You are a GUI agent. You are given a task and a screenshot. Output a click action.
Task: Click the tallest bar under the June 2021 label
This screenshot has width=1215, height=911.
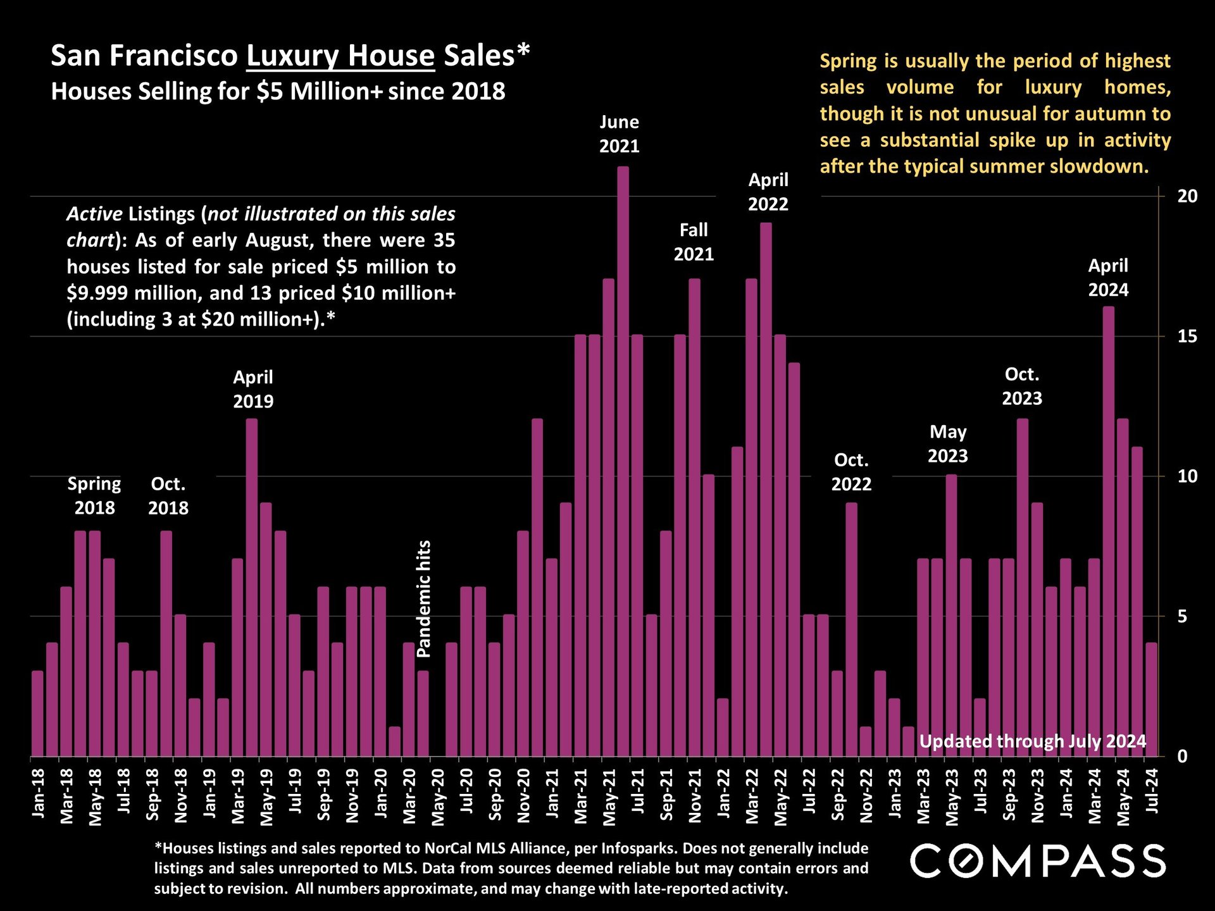pos(623,462)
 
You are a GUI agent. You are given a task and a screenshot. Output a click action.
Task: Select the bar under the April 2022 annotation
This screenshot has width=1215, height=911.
pos(766,490)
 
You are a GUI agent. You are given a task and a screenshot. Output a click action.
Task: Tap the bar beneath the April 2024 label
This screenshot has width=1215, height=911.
pos(1109,531)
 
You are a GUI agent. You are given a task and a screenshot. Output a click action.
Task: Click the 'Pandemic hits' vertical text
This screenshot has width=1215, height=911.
pos(424,598)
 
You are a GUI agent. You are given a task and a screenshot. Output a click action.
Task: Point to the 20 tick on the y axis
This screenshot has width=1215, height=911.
pos(1187,196)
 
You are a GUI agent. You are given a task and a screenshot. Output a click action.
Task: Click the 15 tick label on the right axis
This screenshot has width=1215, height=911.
pos(1187,337)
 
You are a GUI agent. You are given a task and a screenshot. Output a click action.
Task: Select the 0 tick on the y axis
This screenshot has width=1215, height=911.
pos(1182,757)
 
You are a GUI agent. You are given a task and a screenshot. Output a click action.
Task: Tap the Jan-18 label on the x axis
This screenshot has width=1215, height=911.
pos(38,793)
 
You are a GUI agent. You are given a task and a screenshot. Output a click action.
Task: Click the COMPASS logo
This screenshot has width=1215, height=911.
pos(1038,861)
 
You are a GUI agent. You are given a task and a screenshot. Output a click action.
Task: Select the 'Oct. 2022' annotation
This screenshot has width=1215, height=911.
pos(851,472)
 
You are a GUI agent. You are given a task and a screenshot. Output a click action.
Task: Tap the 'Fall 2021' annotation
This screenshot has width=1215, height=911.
pos(694,242)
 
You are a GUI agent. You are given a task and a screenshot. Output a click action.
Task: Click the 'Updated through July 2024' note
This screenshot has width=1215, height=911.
pos(1033,741)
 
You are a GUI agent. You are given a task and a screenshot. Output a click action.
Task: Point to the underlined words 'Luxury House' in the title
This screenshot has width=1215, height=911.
pos(340,56)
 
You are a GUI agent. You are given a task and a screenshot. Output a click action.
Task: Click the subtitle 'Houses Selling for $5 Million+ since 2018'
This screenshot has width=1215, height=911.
pos(278,92)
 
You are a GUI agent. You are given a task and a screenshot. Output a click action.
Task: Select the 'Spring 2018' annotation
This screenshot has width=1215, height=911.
pos(94,496)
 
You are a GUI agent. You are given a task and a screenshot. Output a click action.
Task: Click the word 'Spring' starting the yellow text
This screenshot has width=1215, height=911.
pos(848,61)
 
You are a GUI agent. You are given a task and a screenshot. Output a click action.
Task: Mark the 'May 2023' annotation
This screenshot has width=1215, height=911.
pos(947,444)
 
